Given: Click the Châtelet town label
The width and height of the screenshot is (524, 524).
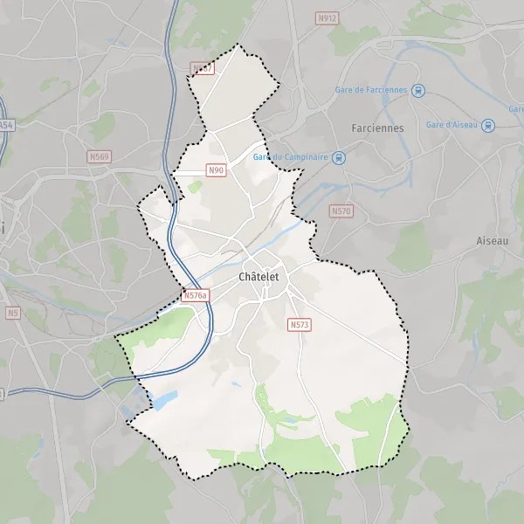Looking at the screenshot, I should click(x=260, y=277).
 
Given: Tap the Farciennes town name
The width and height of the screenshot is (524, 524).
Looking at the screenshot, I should click(x=377, y=128).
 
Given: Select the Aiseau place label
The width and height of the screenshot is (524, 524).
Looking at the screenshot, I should click(x=493, y=239).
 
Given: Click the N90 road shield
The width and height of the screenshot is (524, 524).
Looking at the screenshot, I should click(x=217, y=170).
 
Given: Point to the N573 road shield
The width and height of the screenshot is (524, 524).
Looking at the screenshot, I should click(x=299, y=324).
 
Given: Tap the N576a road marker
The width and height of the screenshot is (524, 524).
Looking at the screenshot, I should click(x=196, y=296).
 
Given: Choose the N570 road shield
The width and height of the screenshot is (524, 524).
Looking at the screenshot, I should click(x=341, y=211).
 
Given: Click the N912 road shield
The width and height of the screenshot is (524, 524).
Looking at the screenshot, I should click(x=327, y=17).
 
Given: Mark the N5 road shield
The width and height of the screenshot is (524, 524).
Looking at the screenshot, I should click(x=12, y=312).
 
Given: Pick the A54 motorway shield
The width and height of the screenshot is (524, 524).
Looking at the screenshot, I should click(x=7, y=126).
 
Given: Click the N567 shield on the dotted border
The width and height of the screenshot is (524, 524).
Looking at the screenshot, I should click(x=202, y=67).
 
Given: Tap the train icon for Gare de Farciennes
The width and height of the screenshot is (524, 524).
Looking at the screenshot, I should click(x=419, y=89).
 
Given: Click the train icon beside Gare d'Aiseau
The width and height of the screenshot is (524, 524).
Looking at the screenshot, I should click(x=487, y=125).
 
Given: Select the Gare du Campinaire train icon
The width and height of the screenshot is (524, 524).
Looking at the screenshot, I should click(x=339, y=157).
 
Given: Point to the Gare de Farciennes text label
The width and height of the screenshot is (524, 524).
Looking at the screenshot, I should click(x=372, y=89).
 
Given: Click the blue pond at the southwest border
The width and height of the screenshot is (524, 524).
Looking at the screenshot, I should click(x=163, y=400).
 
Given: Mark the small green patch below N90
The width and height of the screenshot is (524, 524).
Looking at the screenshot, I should click(x=194, y=186).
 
